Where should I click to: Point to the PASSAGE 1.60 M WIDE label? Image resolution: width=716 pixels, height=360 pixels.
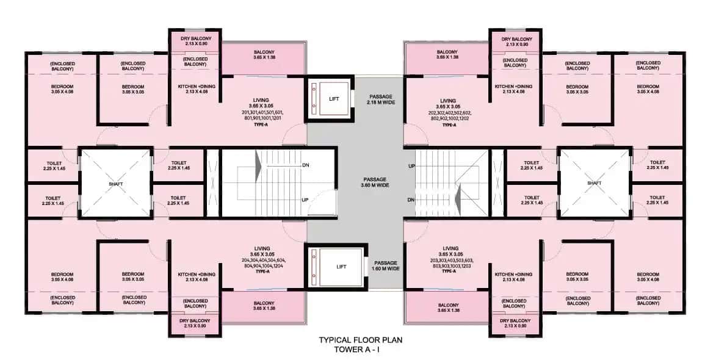[386, 265]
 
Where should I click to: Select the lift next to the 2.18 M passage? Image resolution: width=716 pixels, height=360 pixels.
[330, 99]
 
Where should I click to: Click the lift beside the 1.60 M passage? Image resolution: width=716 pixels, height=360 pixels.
[330, 266]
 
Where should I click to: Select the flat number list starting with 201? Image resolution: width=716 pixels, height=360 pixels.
[262, 116]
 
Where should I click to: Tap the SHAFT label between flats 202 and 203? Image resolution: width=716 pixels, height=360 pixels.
[594, 183]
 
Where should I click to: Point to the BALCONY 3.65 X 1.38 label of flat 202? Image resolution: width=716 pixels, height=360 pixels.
[449, 54]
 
